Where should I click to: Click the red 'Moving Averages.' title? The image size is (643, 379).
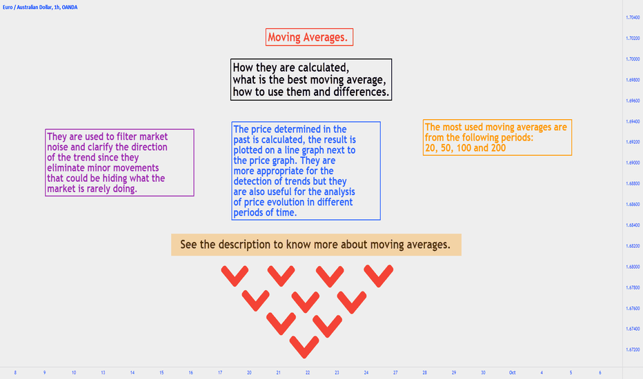click(x=308, y=37)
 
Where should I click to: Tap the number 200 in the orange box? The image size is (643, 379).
click(x=498, y=148)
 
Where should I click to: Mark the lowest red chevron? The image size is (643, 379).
click(x=304, y=347)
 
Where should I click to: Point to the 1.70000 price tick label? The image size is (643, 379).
click(x=633, y=59)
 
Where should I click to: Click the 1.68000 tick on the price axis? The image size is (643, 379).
click(x=633, y=267)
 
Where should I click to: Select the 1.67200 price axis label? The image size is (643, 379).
click(x=633, y=350)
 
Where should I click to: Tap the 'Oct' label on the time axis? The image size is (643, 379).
click(x=512, y=372)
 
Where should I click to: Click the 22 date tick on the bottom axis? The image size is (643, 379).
click(x=308, y=372)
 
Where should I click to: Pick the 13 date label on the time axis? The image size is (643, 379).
click(x=103, y=372)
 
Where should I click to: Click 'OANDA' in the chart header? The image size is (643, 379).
click(x=69, y=8)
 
